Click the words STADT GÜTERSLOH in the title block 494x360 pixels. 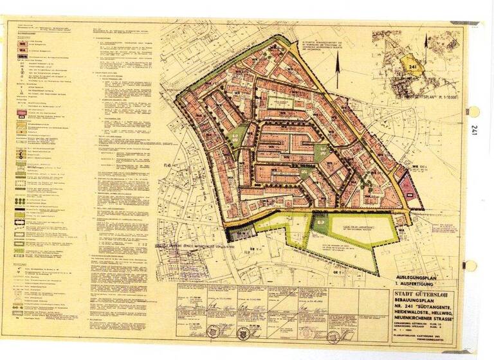(x=421, y=294)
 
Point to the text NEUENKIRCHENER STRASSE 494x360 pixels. (x=421, y=318)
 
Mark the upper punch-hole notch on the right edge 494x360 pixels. (x=475, y=111)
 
